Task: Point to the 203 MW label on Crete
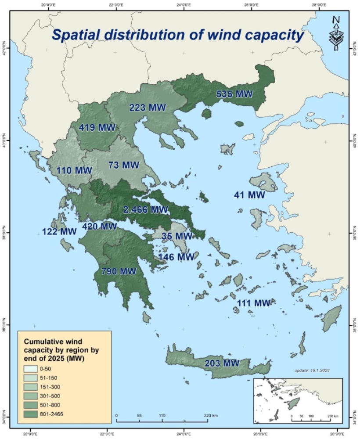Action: (x=222, y=363)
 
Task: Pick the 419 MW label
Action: (x=97, y=128)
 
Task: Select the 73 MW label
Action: (x=123, y=165)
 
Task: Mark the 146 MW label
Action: (x=176, y=257)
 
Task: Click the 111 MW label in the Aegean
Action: (x=254, y=303)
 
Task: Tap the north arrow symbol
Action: (x=336, y=33)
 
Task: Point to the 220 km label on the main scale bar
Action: (x=208, y=415)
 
